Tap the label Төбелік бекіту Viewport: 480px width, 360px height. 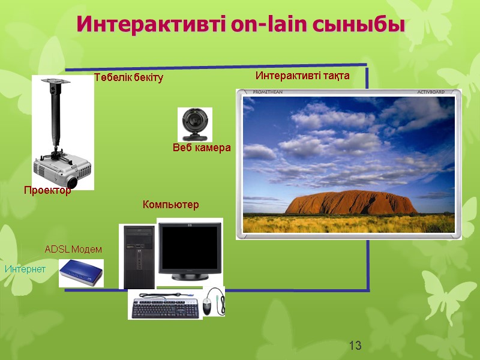coord(128,78)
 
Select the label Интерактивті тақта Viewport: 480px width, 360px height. coord(302,76)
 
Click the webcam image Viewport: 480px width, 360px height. coord(194,124)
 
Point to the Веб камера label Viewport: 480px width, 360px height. coord(202,148)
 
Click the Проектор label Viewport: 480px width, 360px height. coord(47,190)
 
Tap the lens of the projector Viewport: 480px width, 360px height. coord(71,180)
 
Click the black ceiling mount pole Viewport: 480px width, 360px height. coord(55,114)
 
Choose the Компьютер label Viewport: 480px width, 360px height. coord(170,205)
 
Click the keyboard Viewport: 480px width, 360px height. coord(164,307)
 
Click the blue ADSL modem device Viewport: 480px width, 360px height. coord(81,273)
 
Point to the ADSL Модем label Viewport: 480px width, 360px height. coord(73,249)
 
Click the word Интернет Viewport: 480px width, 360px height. coord(25,269)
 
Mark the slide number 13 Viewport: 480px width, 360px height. coord(355,346)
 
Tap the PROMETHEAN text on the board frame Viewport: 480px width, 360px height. coord(268,92)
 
